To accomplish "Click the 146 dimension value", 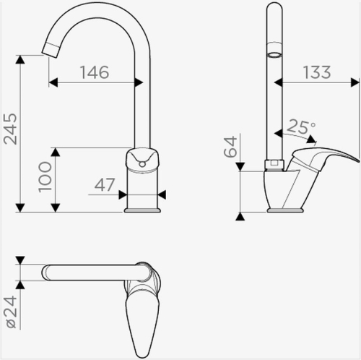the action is [x=95, y=72].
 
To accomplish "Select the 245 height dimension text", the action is [x=11, y=129].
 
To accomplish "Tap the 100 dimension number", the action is [x=45, y=177].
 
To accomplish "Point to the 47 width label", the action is [x=105, y=185].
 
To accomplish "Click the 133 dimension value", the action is [x=317, y=72].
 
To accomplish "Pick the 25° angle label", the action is [x=301, y=127].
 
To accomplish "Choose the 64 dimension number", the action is [x=230, y=147].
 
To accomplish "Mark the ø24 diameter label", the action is [x=12, y=312].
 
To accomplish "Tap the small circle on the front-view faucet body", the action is [x=142, y=164].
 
